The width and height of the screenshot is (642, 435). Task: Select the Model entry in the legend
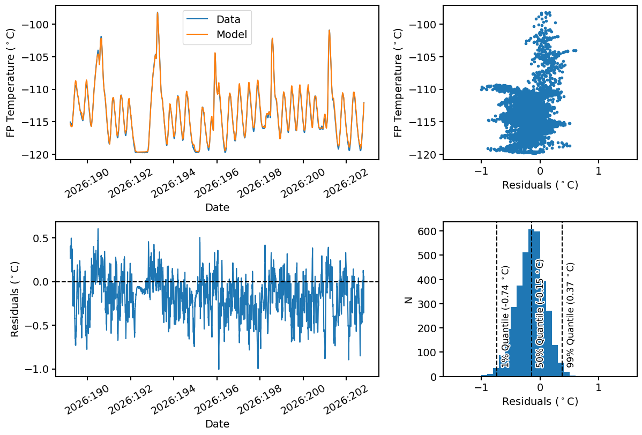(x=217, y=34)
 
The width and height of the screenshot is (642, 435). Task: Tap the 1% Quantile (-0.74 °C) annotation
(x=506, y=317)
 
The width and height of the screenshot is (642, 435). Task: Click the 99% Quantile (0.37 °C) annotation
(x=570, y=314)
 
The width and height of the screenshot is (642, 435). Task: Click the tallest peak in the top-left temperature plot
(x=157, y=13)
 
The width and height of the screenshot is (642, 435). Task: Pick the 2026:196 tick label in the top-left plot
(x=217, y=183)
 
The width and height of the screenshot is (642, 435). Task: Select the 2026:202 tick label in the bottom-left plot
(x=346, y=399)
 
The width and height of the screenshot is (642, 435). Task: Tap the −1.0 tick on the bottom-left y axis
(x=38, y=369)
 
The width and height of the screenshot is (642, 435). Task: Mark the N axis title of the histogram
(x=408, y=299)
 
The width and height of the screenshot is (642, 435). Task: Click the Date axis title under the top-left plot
(x=217, y=207)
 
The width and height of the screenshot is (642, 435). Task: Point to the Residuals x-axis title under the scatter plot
(x=540, y=185)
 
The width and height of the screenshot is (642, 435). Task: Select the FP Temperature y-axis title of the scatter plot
(x=398, y=82)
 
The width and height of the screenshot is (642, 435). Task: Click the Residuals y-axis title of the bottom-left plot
(x=15, y=299)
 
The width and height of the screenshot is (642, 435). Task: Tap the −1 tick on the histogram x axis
(x=481, y=387)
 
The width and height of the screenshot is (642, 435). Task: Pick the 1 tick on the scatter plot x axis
(x=599, y=171)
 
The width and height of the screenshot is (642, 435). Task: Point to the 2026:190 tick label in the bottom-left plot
(x=87, y=399)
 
